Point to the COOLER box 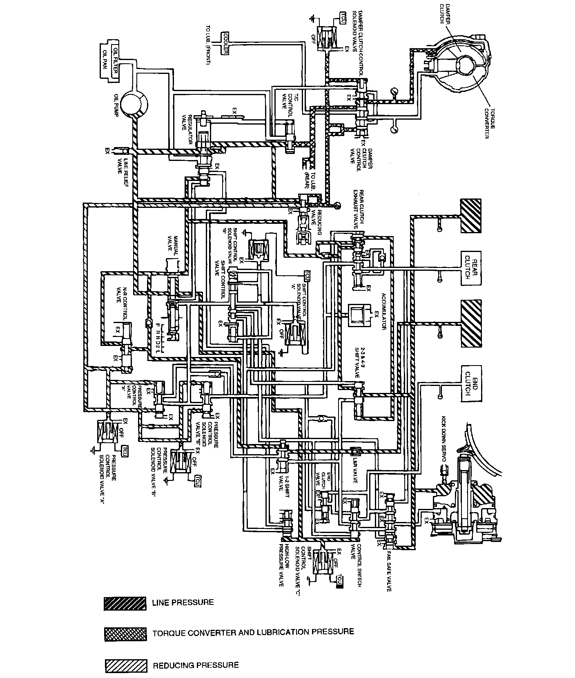[225, 42]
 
